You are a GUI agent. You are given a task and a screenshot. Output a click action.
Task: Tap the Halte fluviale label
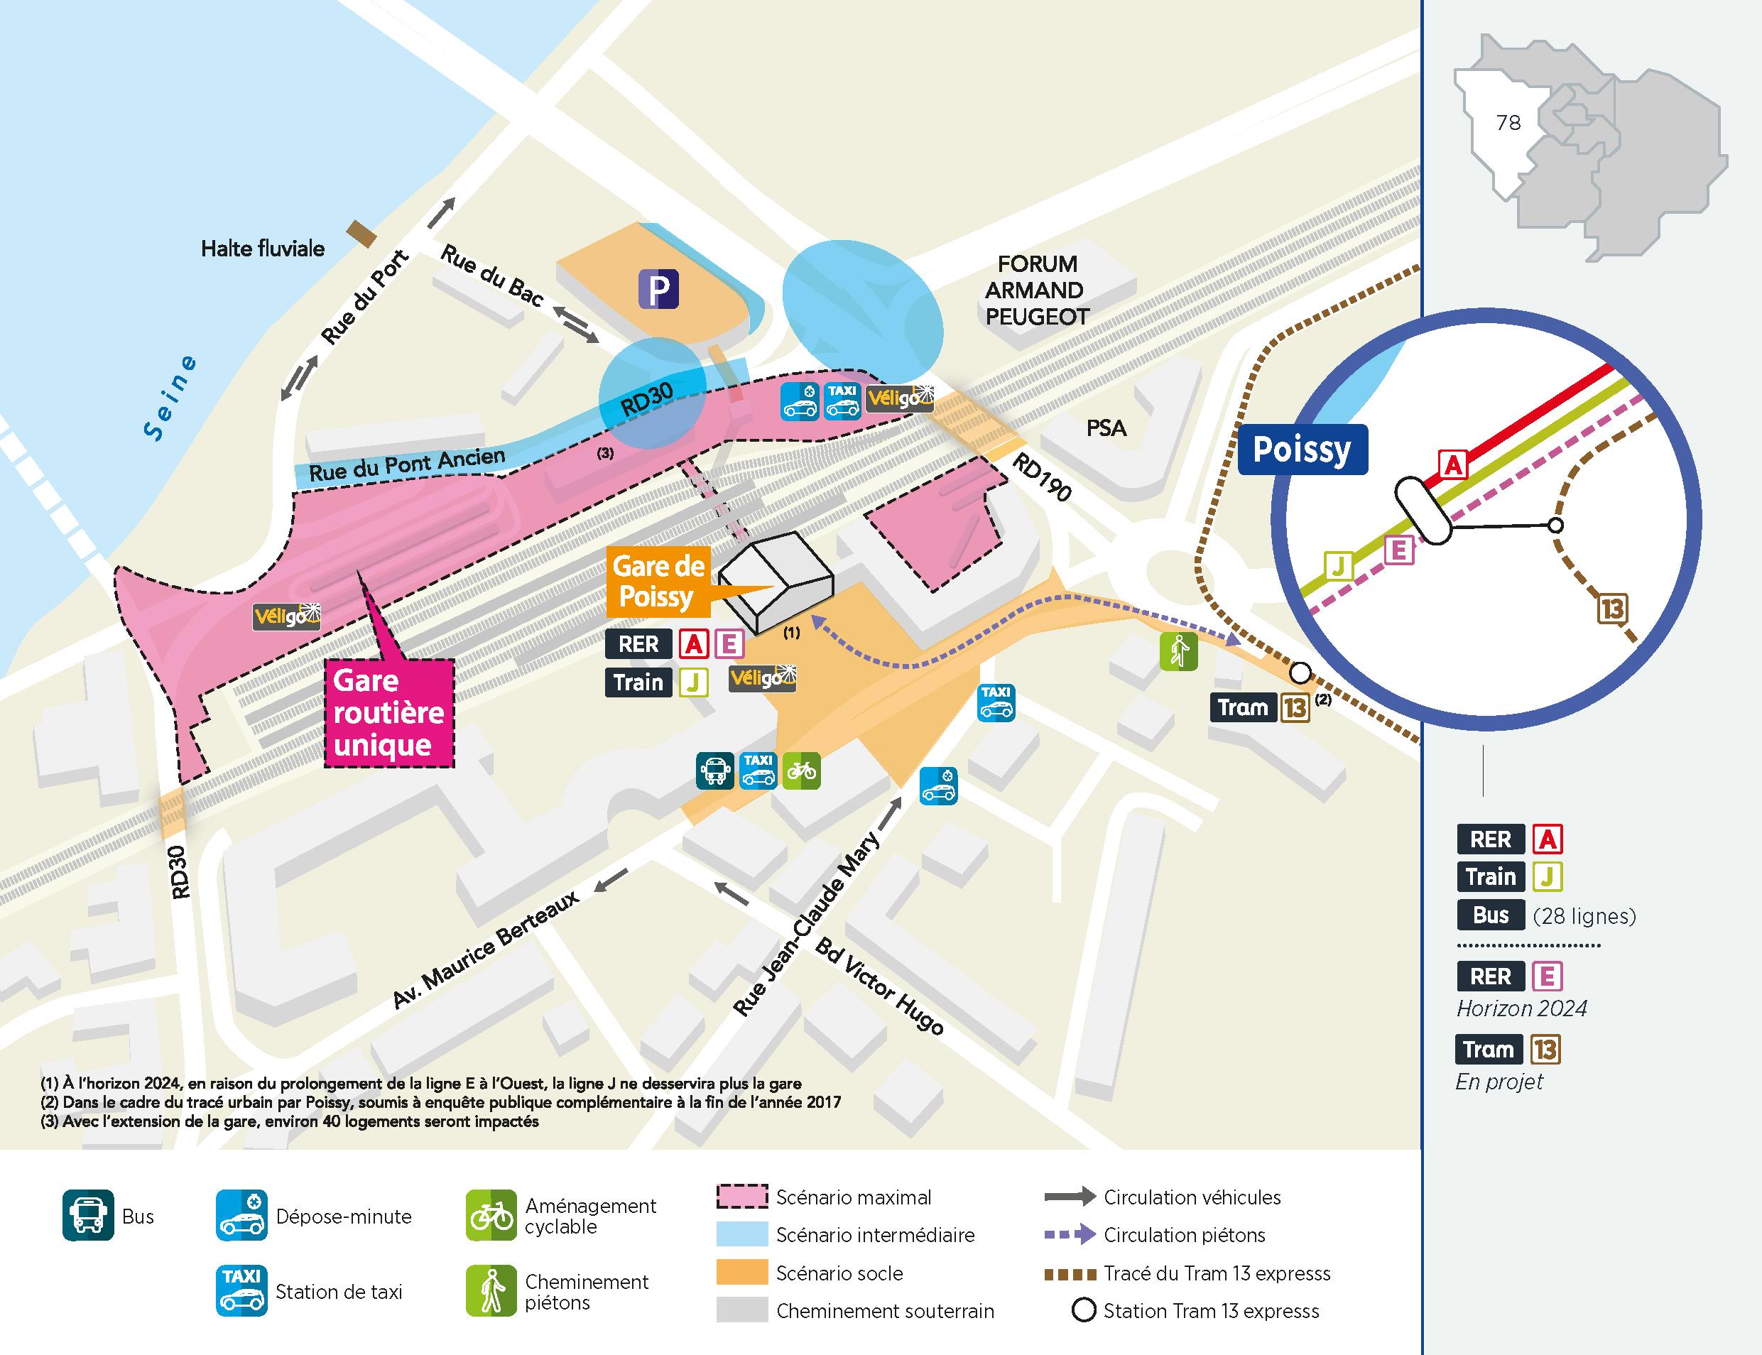[263, 249]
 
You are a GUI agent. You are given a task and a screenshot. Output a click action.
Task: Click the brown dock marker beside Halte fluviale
[361, 234]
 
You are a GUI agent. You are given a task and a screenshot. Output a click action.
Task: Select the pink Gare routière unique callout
[388, 712]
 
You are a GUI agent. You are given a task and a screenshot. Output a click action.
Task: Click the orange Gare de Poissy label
[658, 581]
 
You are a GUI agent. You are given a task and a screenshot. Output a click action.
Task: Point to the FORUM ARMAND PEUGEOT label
[1036, 290]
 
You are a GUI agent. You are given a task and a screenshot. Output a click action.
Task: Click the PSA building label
[1106, 428]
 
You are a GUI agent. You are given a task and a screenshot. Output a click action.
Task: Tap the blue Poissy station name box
[1302, 450]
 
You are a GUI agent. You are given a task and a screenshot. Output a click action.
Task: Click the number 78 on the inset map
[1508, 123]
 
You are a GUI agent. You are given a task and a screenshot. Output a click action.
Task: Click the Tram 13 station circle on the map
[1299, 672]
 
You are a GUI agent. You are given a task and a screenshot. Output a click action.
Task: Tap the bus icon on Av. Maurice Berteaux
[714, 771]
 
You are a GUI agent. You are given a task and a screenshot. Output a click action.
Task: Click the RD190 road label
[1041, 477]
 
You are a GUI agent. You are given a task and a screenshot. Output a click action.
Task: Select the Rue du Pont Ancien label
[407, 465]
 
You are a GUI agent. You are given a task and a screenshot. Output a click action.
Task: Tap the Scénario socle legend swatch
[741, 1273]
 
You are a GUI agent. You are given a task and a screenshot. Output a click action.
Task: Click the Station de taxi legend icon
[241, 1291]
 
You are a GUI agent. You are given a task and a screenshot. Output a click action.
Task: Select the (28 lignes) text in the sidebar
[1584, 915]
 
